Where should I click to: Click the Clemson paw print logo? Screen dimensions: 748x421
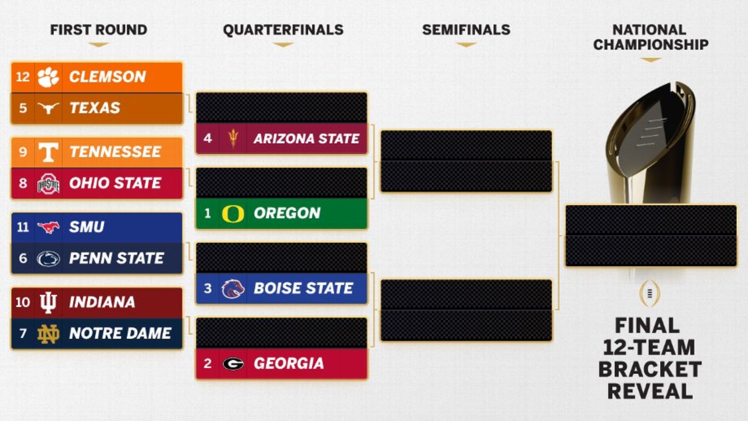[x=48, y=77]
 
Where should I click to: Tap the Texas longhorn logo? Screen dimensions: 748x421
[x=48, y=108]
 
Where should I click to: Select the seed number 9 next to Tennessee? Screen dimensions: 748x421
[x=23, y=152]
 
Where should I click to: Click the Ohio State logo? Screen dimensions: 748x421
[x=48, y=184]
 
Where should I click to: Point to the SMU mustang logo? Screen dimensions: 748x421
[x=48, y=228]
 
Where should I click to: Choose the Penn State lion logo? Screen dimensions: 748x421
[x=48, y=259]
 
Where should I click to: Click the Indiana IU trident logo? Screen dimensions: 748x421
[x=48, y=303]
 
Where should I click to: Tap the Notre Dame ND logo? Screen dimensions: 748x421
[x=48, y=334]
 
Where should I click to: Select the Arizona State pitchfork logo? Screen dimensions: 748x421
[x=233, y=138]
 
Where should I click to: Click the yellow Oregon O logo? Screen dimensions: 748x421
[x=233, y=214]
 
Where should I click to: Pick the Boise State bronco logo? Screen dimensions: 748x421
[x=233, y=288]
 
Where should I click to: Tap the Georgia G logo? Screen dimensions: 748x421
[x=233, y=363]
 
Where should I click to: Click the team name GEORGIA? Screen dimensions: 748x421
[x=289, y=363]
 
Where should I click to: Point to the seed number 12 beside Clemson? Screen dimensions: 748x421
[x=23, y=77]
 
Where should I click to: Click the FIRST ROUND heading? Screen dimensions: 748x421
[x=99, y=30]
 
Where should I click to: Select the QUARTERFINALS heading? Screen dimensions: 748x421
[x=283, y=30]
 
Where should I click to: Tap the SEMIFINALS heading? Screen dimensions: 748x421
[x=466, y=30]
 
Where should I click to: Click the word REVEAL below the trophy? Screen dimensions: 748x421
[x=650, y=391]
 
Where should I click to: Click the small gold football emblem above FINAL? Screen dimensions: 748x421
[x=650, y=294]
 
